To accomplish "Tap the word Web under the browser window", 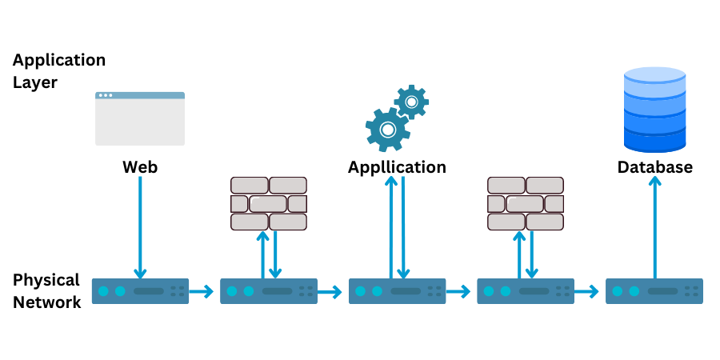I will tap(140, 167).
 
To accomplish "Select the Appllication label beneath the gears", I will tap(397, 167).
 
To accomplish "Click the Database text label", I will tap(654, 167).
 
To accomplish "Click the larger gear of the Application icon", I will tap(387, 129).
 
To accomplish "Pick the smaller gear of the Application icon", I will tap(411, 102).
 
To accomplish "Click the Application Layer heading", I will tap(58, 70).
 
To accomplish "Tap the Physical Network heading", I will tap(46, 290).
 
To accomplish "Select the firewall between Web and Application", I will tap(269, 204).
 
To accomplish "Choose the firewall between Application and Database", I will tap(526, 204).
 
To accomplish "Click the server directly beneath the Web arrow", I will tap(140, 291).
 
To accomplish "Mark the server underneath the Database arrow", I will tap(654, 291).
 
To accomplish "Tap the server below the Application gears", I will tap(397, 291).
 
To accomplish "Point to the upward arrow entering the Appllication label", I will tap(390, 228).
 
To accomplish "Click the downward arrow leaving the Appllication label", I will tap(403, 228).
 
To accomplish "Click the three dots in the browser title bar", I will tap(105, 95).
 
